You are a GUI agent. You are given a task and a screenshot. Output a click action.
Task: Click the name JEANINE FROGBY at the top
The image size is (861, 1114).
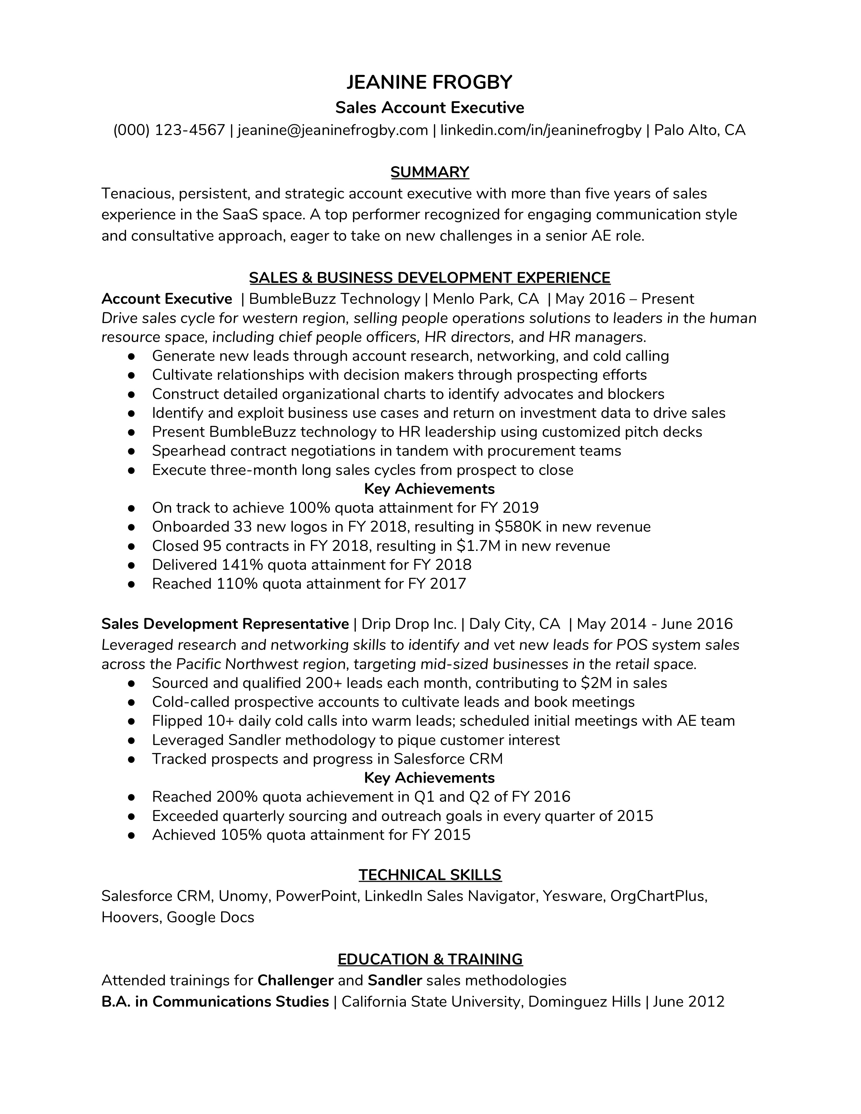[429, 82]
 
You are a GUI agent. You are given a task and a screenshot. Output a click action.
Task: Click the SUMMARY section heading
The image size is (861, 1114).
[429, 173]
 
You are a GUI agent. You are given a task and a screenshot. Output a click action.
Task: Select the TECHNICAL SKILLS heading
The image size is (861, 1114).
[429, 875]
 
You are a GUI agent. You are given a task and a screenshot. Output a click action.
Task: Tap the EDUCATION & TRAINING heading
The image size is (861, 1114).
[429, 959]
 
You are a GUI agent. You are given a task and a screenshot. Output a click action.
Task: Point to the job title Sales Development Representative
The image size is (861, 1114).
[225, 624]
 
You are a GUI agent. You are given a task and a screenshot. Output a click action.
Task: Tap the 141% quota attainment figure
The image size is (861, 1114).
[240, 565]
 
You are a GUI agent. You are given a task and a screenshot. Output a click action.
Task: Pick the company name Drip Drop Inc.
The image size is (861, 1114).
[409, 624]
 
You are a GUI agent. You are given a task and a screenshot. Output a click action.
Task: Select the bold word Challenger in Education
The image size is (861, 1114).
[295, 980]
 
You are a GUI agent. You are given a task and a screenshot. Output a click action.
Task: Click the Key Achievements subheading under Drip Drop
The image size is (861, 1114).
[429, 777]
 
